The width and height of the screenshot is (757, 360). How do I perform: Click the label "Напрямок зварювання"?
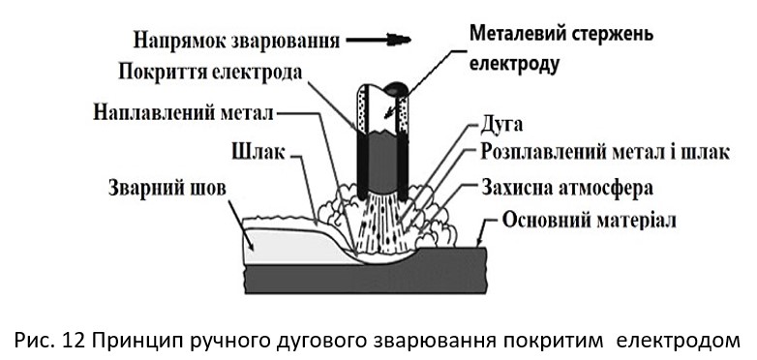236,41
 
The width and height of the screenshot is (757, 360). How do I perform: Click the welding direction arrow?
378,40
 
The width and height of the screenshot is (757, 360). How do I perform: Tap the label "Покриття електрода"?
210,72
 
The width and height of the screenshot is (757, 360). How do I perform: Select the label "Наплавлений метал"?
183,113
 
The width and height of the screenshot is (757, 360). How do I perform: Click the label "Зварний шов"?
167,188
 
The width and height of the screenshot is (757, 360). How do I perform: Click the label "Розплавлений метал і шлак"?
604,153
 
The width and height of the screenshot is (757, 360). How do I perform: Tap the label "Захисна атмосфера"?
567,187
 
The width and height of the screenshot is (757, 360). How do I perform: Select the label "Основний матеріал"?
589,220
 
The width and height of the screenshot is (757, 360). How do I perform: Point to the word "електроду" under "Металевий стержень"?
514,64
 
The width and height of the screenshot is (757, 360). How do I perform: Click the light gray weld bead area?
289,246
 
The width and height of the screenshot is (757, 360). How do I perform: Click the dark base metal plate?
365,277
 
